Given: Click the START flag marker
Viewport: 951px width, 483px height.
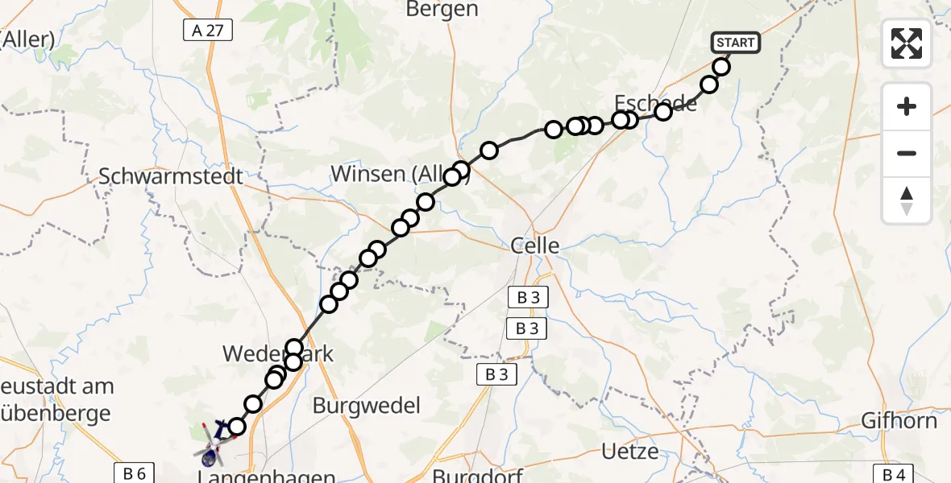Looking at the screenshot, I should click(734, 43).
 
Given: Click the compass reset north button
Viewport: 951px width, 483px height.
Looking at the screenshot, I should click(907, 200).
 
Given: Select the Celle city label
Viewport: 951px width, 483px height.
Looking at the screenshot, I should click(534, 246).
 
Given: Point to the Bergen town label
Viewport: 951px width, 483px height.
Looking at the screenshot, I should click(442, 10).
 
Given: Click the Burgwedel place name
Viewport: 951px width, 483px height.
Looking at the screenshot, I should click(367, 405).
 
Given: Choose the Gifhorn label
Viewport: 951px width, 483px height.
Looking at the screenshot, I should click(899, 420).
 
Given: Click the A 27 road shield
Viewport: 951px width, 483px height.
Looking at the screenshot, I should click(207, 31).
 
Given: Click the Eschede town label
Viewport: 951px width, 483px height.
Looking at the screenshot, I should click(655, 103).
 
